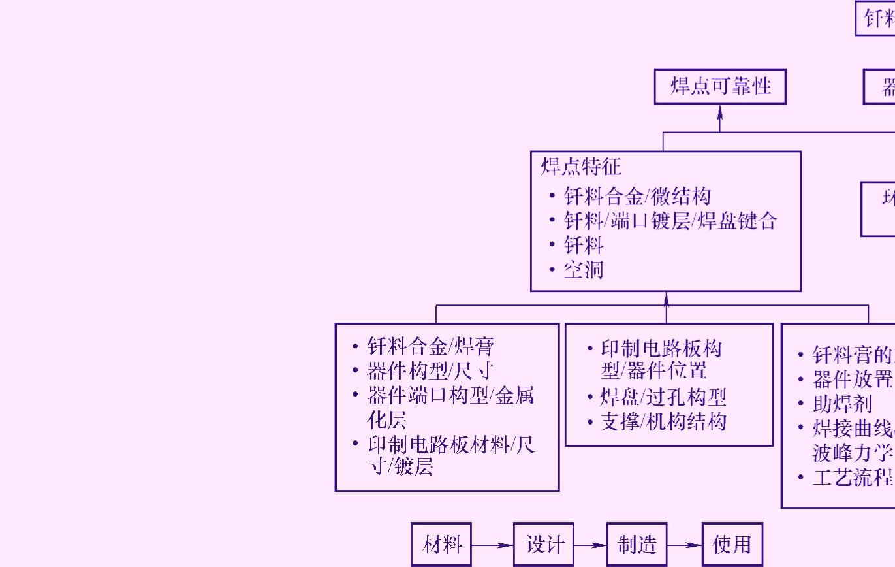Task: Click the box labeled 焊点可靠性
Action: tap(720, 86)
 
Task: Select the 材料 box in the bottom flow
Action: tap(441, 544)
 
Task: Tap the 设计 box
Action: tap(543, 544)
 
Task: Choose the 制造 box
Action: tap(636, 544)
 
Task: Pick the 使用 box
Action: tap(732, 544)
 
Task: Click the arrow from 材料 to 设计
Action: tap(492, 544)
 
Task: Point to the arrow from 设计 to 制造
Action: tap(590, 544)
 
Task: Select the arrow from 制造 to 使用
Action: tap(684, 544)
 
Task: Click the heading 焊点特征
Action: tap(581, 167)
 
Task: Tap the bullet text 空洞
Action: tap(583, 270)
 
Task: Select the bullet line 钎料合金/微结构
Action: tap(637, 196)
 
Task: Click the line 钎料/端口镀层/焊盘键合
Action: tap(670, 221)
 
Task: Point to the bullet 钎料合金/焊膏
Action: tap(435, 346)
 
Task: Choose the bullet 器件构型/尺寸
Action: tap(430, 371)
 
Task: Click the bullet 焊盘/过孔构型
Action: tap(663, 397)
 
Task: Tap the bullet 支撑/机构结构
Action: tap(663, 422)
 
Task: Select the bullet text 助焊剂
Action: tap(842, 403)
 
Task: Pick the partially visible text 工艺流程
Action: tap(852, 478)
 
